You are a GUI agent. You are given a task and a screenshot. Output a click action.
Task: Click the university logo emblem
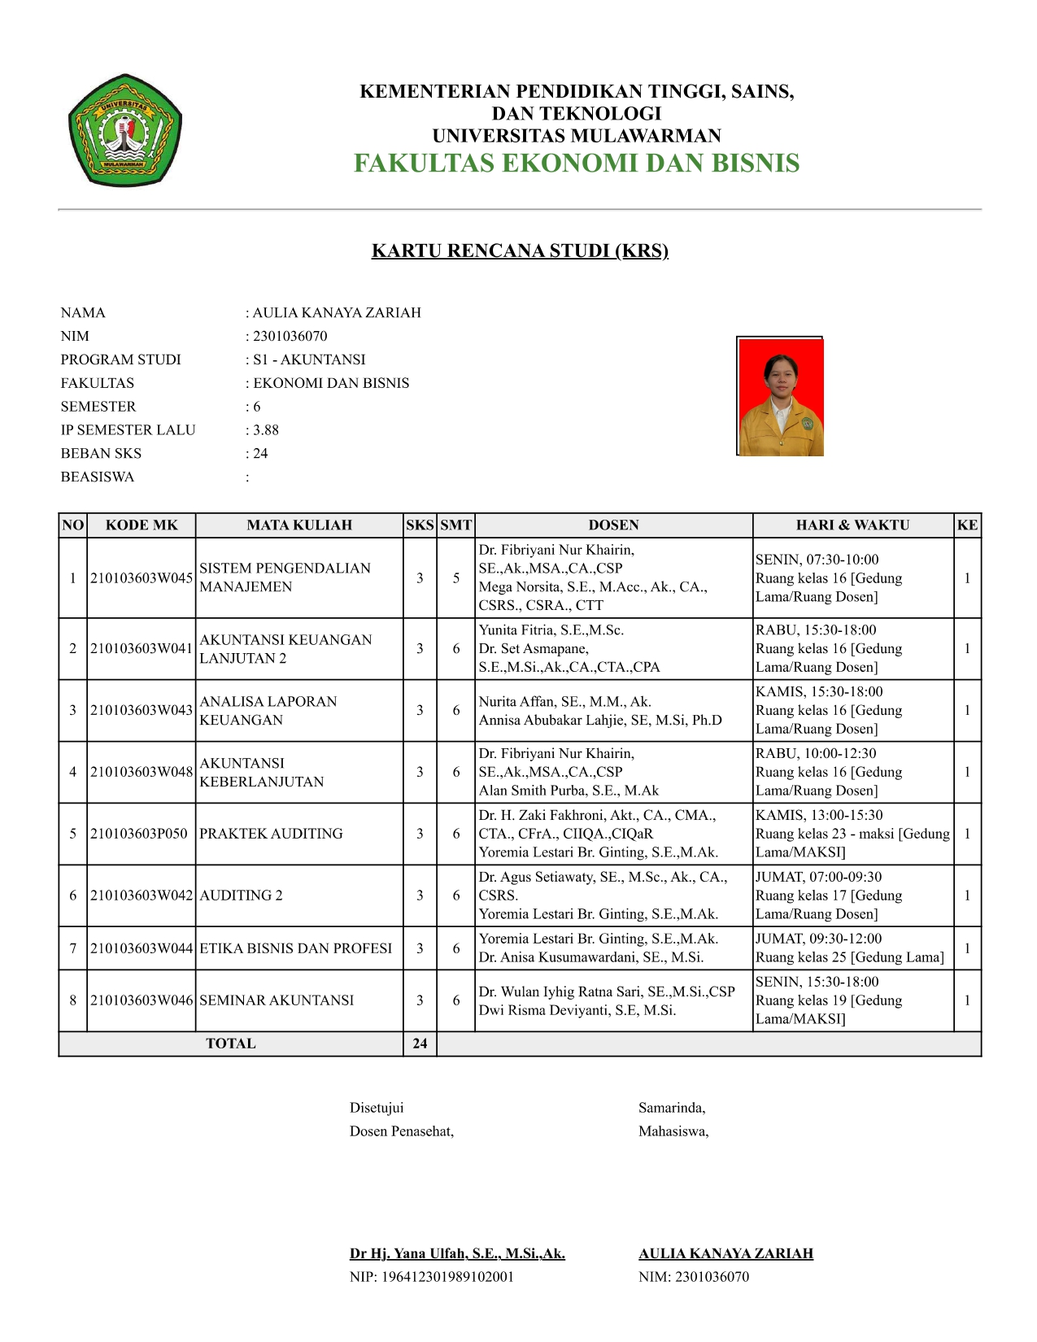(x=124, y=130)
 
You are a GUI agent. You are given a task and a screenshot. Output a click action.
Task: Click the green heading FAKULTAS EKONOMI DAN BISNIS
(x=576, y=163)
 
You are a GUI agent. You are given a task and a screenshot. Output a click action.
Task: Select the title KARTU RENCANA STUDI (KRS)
(x=520, y=251)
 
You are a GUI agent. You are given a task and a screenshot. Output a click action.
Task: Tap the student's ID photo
(x=780, y=396)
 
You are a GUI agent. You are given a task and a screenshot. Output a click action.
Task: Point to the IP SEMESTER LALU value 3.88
(x=266, y=430)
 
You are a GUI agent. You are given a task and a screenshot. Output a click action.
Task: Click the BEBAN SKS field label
(x=101, y=454)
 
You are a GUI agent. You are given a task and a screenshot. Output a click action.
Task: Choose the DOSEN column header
(x=613, y=525)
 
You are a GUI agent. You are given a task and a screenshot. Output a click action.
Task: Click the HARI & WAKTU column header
(x=852, y=525)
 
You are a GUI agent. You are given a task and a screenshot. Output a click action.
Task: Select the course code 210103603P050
(x=139, y=834)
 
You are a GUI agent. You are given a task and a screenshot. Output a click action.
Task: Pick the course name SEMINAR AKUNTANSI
(x=277, y=1000)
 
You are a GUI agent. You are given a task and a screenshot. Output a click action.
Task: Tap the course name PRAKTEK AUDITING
(x=271, y=834)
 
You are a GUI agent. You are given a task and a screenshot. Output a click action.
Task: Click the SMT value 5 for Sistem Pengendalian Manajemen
(x=456, y=578)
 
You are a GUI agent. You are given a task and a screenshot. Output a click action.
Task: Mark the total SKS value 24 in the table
(x=420, y=1044)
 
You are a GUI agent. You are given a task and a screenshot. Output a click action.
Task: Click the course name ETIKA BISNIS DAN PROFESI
(x=295, y=948)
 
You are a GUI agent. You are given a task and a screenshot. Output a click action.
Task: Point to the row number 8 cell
(x=73, y=1000)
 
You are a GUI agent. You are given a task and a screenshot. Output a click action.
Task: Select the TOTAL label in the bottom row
(x=230, y=1044)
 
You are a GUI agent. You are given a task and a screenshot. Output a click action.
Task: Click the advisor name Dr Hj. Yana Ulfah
(x=457, y=1253)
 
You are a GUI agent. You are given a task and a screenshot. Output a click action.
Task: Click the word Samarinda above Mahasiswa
(x=672, y=1108)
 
